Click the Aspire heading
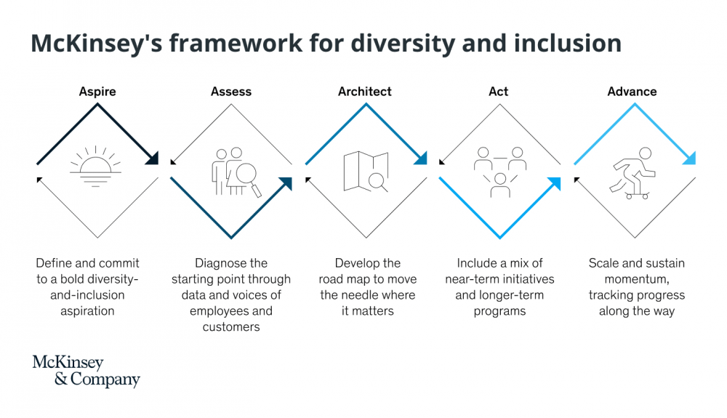pyautogui.click(x=97, y=92)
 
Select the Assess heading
pyautogui.click(x=231, y=92)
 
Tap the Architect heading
pyautogui.click(x=364, y=92)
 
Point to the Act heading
pyautogui.click(x=499, y=92)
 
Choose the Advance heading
pyautogui.click(x=632, y=92)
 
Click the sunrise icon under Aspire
pyautogui.click(x=95, y=166)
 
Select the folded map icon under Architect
pyautogui.click(x=366, y=172)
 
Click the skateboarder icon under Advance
pyautogui.click(x=632, y=173)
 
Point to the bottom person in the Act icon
pyautogui.click(x=500, y=185)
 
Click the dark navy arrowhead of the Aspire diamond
pyautogui.click(x=152, y=158)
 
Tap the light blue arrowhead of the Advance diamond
pyautogui.click(x=689, y=158)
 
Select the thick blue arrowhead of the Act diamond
pyautogui.click(x=554, y=184)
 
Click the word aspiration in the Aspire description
pyautogui.click(x=87, y=311)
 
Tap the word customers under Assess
pyautogui.click(x=231, y=326)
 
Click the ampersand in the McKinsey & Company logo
pyautogui.click(x=61, y=379)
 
